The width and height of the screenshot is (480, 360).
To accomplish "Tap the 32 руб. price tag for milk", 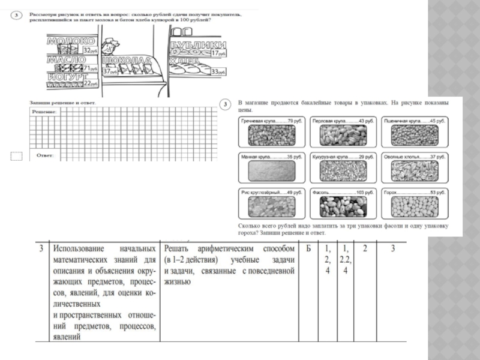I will click(90, 51).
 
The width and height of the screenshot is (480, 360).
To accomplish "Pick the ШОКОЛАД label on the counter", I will click(125, 61).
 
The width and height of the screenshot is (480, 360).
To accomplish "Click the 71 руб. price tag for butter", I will click(90, 68).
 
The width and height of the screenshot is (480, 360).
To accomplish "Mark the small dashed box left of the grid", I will click(17, 157).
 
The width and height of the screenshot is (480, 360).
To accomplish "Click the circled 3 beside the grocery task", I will click(225, 105).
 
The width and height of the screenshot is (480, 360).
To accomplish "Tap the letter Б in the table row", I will click(307, 248).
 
